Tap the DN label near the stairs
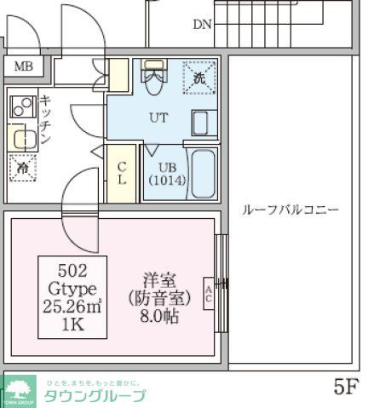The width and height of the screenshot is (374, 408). coord(201,24)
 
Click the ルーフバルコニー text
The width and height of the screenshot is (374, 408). coord(291,210)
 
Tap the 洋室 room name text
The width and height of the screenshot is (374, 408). coord(161,278)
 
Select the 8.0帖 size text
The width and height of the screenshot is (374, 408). coord(161,313)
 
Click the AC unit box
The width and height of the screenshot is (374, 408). coord(209,296)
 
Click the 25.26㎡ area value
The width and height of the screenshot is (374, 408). coord(72,306)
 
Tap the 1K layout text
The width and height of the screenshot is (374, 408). coord(72,325)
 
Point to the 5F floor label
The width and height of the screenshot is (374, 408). coord(345,388)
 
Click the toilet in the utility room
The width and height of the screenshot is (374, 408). coord(154,78)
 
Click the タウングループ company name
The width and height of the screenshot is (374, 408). coord(94,395)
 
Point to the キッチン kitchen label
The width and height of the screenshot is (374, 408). coord(45,119)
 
